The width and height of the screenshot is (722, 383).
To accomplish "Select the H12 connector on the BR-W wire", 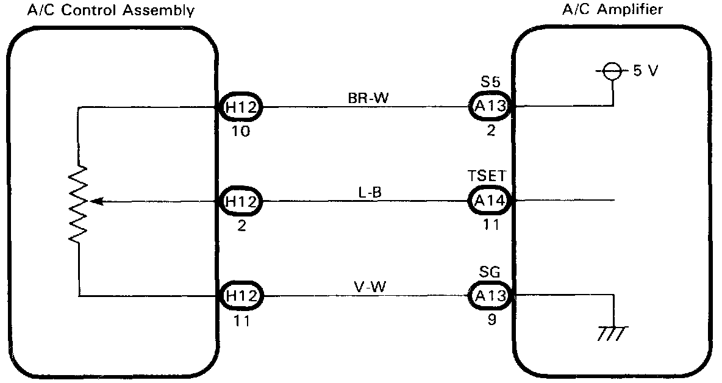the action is click(241, 107).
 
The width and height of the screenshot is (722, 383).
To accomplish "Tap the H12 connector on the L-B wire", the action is click(241, 200).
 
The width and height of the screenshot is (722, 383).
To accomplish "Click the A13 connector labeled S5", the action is click(489, 107).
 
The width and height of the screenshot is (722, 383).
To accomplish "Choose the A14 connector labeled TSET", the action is click(489, 200).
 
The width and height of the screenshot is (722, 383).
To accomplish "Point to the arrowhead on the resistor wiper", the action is click(95, 200).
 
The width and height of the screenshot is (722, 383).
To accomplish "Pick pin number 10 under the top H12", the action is click(241, 132).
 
